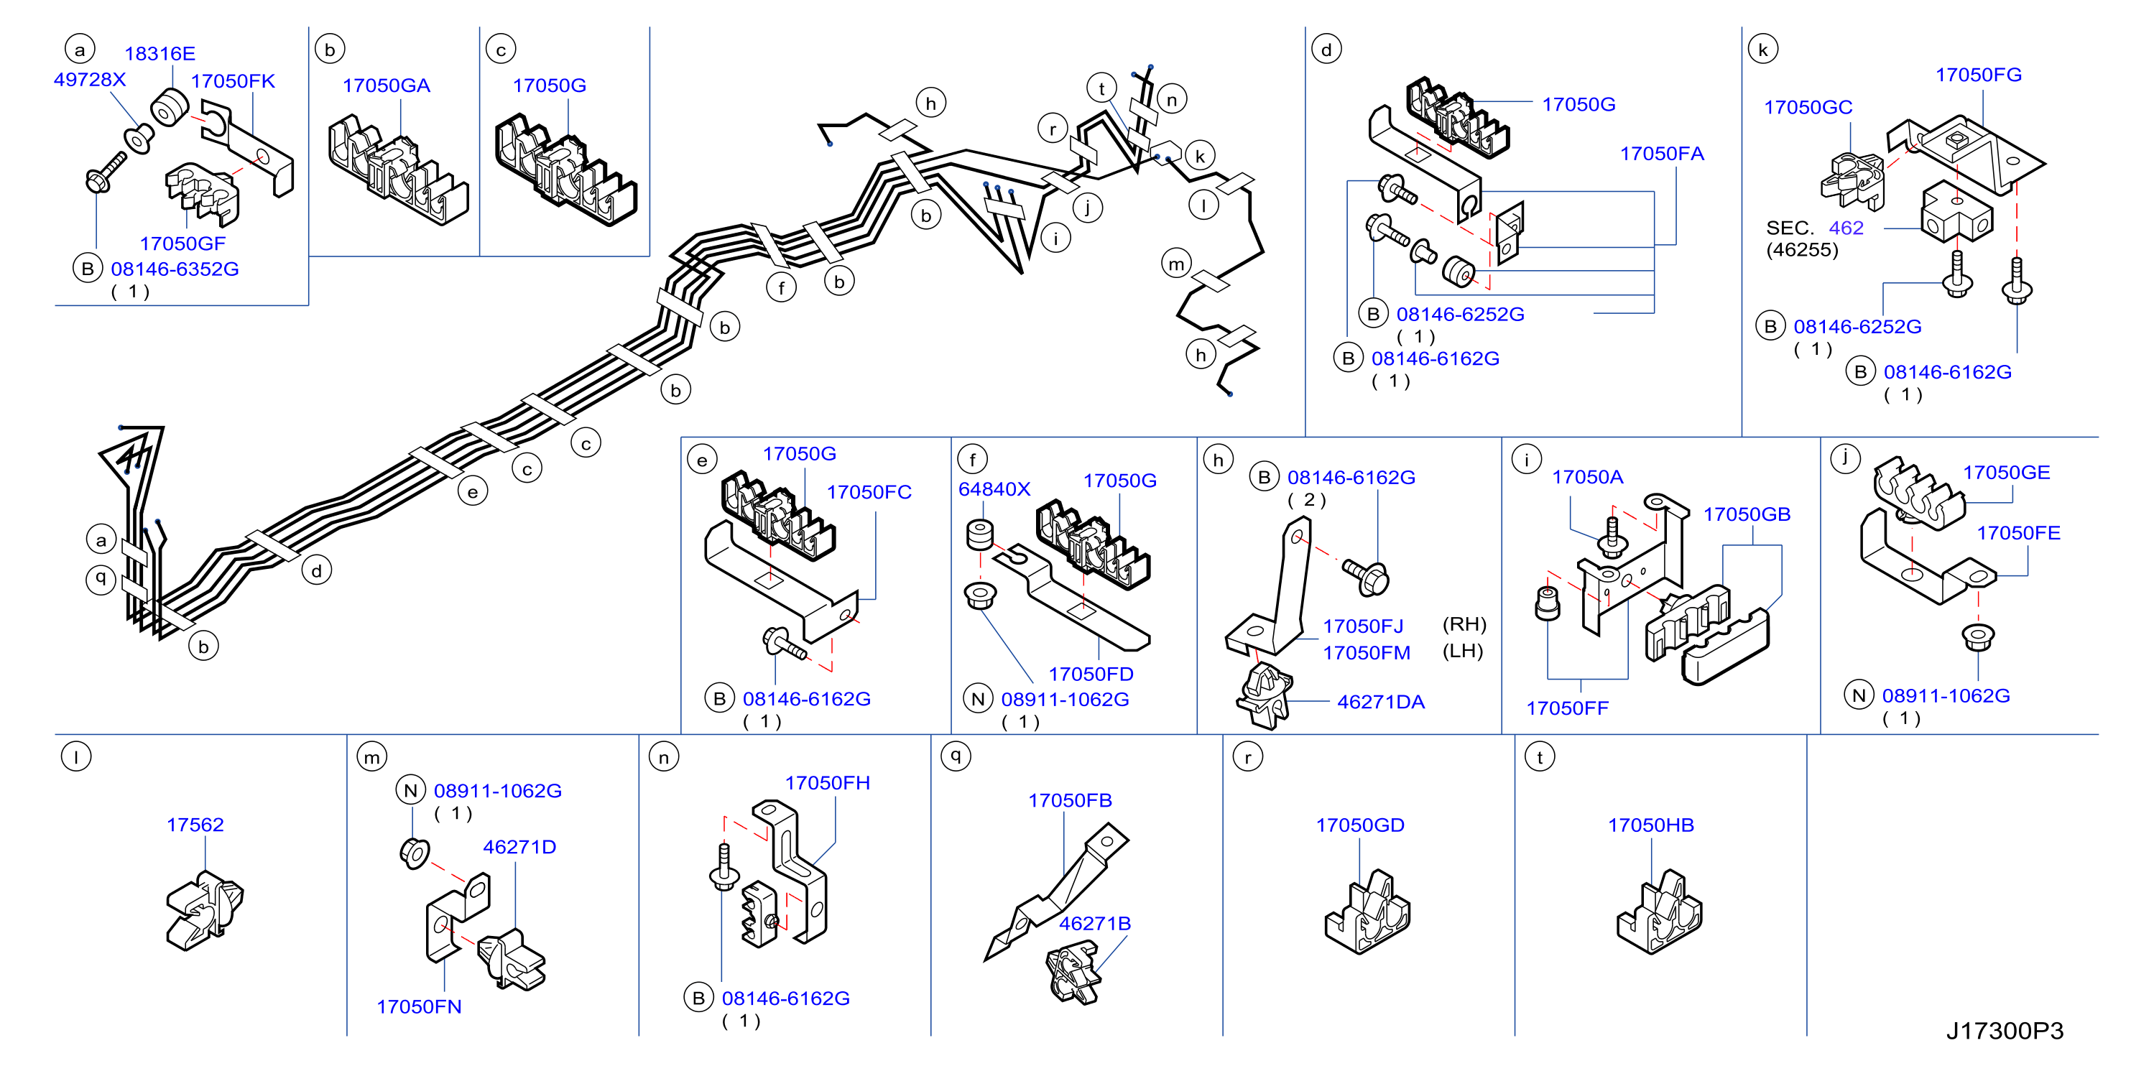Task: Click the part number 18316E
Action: [160, 53]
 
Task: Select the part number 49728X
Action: [90, 80]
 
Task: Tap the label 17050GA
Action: [387, 85]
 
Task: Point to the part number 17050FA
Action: [1662, 154]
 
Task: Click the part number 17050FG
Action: [1979, 75]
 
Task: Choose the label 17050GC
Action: [1808, 107]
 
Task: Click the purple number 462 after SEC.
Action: [1846, 228]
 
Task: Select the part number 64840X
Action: [994, 489]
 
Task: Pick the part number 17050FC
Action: [869, 491]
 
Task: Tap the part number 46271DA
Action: [1380, 702]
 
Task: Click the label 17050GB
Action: [1747, 514]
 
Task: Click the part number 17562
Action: [195, 825]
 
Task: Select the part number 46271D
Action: [519, 847]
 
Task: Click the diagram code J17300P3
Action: [2005, 1031]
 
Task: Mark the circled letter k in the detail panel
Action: [1762, 50]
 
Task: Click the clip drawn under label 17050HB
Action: [1659, 914]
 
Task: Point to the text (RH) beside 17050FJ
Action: [1464, 624]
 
